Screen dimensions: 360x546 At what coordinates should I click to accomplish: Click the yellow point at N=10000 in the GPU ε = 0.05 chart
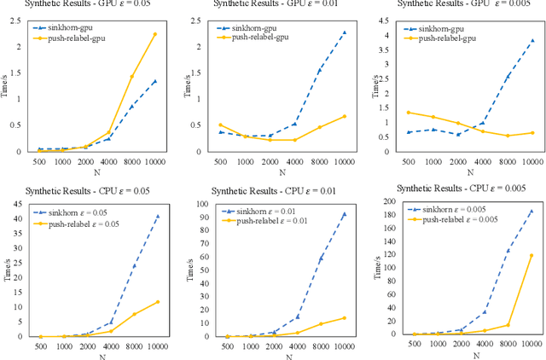click(x=154, y=34)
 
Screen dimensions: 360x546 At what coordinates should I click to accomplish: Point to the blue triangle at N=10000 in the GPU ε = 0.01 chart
click(x=343, y=32)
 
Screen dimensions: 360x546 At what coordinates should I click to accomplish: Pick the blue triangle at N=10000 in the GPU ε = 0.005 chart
click(x=532, y=40)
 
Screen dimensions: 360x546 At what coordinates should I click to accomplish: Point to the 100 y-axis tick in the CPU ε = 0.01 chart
click(x=200, y=203)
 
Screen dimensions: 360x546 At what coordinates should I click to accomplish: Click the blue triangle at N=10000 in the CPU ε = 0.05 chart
click(x=157, y=216)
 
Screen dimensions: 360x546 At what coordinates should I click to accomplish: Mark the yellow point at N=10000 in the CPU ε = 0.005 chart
click(x=531, y=255)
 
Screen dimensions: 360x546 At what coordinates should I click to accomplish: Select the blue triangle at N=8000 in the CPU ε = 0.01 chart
click(x=320, y=258)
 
